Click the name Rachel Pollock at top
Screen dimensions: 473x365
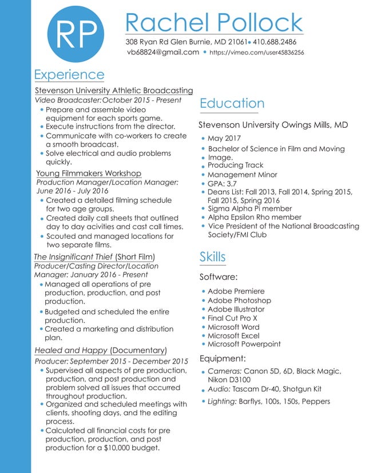tap(213, 23)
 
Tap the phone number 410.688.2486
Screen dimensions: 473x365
tap(275, 42)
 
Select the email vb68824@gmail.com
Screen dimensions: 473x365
tap(163, 52)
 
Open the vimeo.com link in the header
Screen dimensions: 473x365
tap(257, 53)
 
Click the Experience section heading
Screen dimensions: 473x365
tap(69, 74)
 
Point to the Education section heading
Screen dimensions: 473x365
tap(232, 103)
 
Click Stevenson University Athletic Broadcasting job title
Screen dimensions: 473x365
tap(114, 90)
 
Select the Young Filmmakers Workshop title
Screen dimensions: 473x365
tap(88, 173)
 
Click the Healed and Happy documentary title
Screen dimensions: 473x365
tap(71, 350)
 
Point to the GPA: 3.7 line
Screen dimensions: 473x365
tap(222, 184)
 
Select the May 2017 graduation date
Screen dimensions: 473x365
tap(224, 139)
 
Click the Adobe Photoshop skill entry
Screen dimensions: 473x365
tap(239, 300)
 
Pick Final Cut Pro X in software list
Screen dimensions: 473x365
tap(232, 318)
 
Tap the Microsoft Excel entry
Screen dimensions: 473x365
tap(233, 336)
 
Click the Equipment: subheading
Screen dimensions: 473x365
tap(223, 358)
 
